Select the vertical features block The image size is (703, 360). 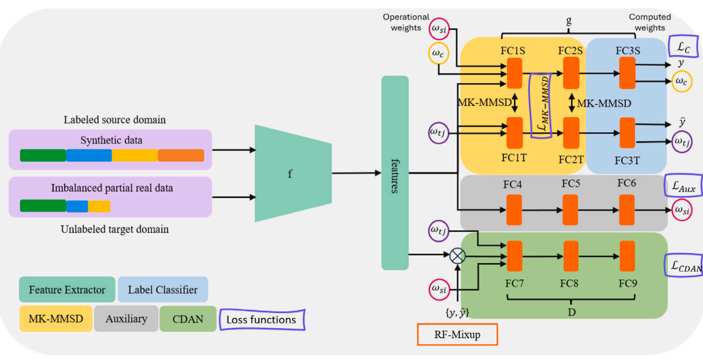[x=395, y=173]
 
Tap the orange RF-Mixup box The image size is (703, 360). [x=457, y=334]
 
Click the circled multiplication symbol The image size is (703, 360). [x=457, y=256]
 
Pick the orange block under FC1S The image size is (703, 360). [x=514, y=73]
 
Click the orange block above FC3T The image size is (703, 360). [x=627, y=133]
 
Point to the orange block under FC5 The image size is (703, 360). [x=570, y=210]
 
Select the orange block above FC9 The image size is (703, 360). [x=627, y=256]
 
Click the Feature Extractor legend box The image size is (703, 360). [x=67, y=289]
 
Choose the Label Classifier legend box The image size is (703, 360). [x=163, y=289]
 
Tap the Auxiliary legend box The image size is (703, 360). [x=126, y=319]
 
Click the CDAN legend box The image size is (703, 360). [x=188, y=319]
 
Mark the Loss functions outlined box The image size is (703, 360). [x=262, y=320]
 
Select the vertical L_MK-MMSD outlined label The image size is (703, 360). [x=540, y=105]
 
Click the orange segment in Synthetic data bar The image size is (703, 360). [x=181, y=156]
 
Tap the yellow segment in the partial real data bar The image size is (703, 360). [x=99, y=206]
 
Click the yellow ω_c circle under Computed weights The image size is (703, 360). [x=681, y=82]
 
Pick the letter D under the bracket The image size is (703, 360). [x=572, y=312]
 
